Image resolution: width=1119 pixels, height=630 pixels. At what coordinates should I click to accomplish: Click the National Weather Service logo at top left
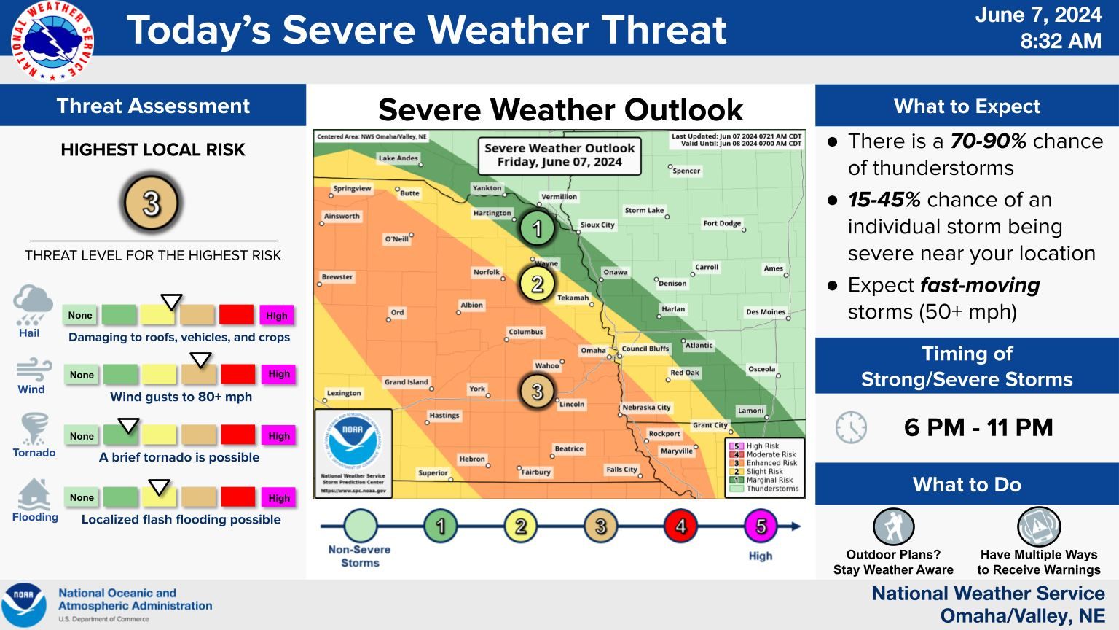[52, 41]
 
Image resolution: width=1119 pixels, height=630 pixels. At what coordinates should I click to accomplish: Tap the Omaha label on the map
[593, 350]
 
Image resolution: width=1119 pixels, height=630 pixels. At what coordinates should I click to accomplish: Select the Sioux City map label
[597, 225]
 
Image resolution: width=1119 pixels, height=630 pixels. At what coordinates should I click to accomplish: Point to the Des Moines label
[765, 312]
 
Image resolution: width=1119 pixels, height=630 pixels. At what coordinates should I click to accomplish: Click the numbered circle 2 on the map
[538, 284]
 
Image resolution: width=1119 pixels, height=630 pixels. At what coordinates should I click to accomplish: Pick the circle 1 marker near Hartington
[538, 229]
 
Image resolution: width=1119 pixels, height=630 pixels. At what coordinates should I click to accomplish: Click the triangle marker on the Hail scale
[171, 302]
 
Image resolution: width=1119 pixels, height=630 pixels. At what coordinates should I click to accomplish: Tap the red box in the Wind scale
[237, 374]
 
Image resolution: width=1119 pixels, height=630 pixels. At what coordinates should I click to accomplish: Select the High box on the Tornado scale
[278, 436]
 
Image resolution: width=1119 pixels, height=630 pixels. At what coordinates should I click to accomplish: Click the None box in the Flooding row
[82, 497]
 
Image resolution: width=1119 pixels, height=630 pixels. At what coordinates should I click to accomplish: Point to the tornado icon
[34, 429]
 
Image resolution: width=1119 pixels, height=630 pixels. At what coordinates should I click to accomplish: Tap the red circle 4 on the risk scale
[680, 526]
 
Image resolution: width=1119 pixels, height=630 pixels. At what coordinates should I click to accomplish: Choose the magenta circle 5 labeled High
[761, 526]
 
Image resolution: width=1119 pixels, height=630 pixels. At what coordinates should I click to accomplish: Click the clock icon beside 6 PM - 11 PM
[851, 427]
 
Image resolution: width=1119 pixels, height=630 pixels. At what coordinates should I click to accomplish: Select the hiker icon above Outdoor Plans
[893, 526]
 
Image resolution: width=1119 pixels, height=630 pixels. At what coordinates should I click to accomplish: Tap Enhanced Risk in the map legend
[771, 463]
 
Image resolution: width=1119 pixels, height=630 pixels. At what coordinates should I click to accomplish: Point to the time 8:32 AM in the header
[1060, 41]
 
